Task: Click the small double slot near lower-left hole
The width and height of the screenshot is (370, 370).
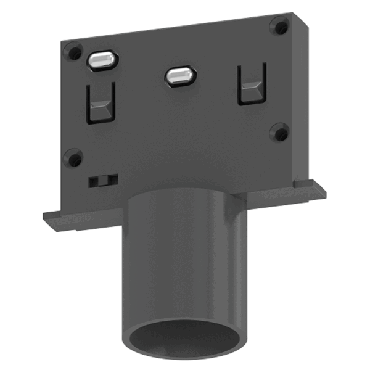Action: click(x=103, y=180)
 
